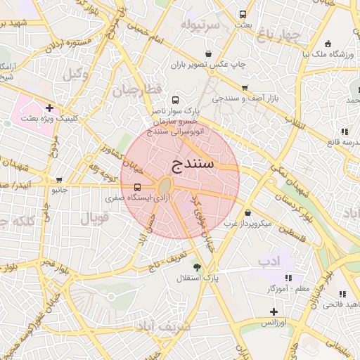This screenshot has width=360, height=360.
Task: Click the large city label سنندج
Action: (192, 165)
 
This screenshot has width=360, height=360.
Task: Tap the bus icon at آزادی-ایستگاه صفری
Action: (136, 187)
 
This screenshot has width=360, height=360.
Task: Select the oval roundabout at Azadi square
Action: (165, 186)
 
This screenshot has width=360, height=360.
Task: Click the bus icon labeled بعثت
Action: (243, 14)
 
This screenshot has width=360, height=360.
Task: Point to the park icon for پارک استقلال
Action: (197, 267)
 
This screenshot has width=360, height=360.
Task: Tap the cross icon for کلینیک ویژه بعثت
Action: (49, 108)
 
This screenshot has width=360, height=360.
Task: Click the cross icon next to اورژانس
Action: (274, 311)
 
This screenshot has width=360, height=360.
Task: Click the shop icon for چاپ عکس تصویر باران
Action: (208, 53)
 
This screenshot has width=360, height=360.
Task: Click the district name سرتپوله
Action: (200, 25)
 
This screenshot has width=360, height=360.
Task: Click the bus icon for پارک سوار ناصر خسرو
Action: (174, 100)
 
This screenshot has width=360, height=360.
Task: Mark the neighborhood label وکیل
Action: (76, 73)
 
